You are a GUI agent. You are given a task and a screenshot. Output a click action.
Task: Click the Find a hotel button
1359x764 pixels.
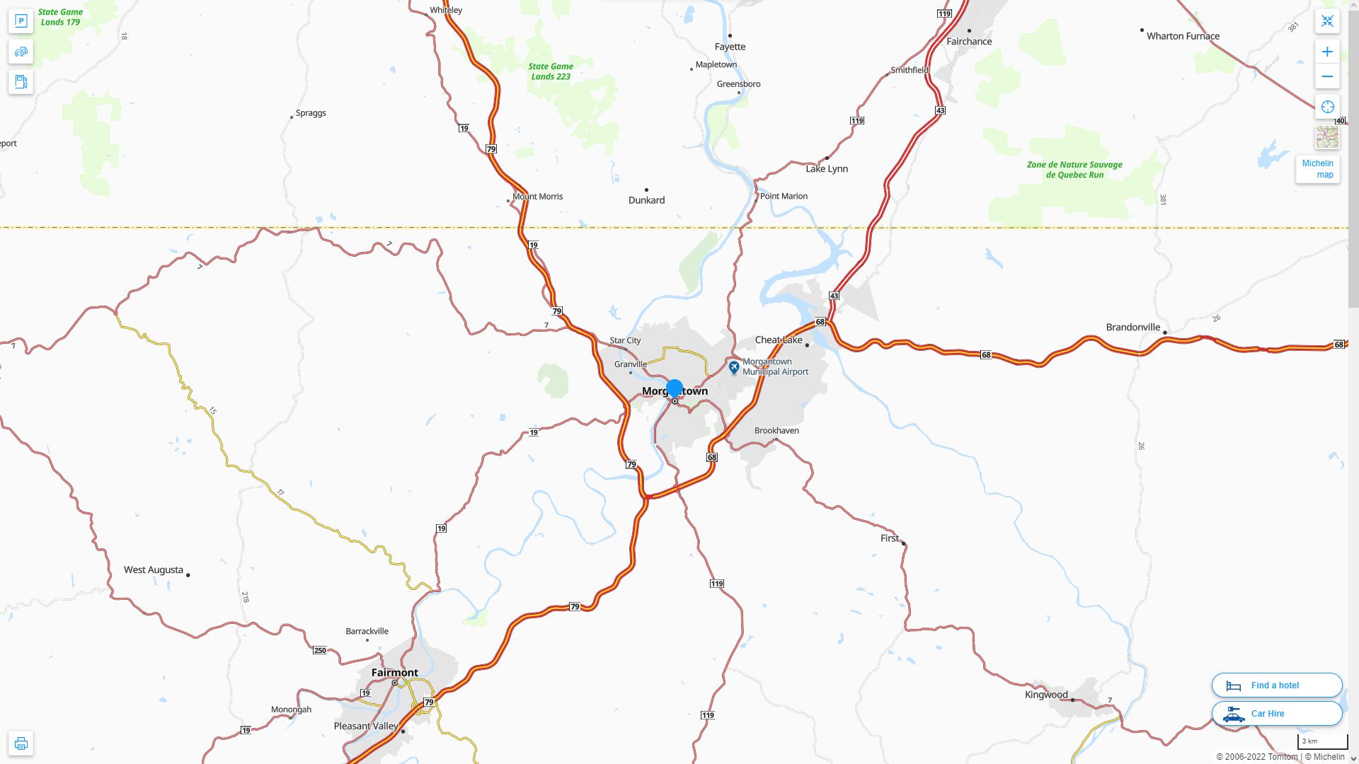click(1276, 685)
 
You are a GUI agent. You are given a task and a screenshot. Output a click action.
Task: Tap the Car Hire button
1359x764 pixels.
click(1276, 713)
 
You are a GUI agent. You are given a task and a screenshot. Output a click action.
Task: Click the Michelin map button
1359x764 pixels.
click(1317, 168)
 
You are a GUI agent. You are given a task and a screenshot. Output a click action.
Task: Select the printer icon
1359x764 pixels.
click(21, 743)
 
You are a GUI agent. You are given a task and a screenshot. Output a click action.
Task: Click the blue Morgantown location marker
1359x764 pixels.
click(675, 388)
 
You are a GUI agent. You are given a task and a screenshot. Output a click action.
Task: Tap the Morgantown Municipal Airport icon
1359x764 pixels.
click(734, 367)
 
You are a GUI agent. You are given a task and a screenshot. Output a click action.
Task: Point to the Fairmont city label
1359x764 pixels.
click(394, 672)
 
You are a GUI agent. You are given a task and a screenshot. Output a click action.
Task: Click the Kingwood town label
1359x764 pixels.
click(1045, 695)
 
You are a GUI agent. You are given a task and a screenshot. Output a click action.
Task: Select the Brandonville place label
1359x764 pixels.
click(1132, 327)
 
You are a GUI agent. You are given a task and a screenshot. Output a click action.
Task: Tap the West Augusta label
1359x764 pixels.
click(154, 569)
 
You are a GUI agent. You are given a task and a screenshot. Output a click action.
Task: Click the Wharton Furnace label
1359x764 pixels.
click(1183, 36)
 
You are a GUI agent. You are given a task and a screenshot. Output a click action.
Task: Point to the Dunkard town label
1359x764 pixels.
click(646, 200)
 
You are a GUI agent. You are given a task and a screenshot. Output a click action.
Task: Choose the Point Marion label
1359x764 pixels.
click(784, 196)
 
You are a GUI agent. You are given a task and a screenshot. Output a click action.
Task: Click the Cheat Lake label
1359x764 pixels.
click(779, 340)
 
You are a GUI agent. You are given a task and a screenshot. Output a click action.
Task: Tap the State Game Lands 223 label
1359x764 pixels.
click(551, 71)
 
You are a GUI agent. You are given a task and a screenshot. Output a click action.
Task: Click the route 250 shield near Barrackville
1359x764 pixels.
click(320, 650)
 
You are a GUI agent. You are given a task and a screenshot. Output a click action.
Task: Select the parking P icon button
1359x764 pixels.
click(21, 21)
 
